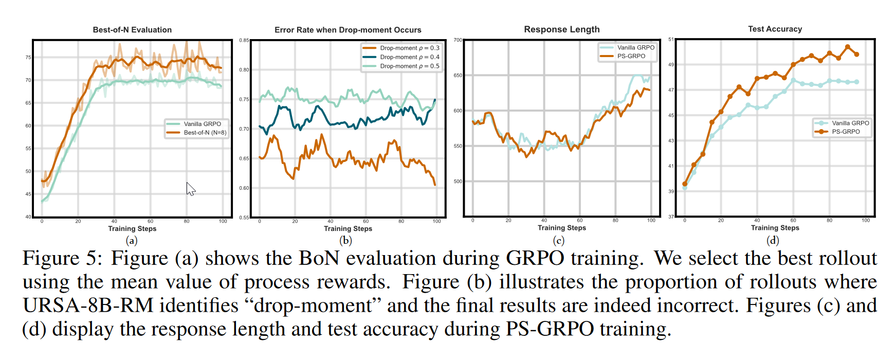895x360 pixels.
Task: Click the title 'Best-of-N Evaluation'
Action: pyautogui.click(x=132, y=30)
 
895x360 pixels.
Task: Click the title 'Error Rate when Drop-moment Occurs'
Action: pyautogui.click(x=348, y=30)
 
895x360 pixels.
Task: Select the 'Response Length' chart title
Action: pyautogui.click(x=561, y=29)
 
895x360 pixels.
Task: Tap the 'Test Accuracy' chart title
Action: pyautogui.click(x=775, y=29)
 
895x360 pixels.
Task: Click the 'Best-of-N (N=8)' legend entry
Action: pyautogui.click(x=205, y=133)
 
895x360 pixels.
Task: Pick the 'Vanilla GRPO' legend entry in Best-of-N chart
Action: pyautogui.click(x=202, y=124)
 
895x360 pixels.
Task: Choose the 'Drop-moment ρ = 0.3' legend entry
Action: pyautogui.click(x=409, y=48)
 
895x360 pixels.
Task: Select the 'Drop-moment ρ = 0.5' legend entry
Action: pyautogui.click(x=409, y=66)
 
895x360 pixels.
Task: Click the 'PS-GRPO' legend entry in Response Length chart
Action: pyautogui.click(x=631, y=56)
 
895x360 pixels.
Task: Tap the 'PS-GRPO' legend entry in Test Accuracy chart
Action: pyautogui.click(x=846, y=132)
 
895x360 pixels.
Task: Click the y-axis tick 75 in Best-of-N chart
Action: pyautogui.click(x=28, y=58)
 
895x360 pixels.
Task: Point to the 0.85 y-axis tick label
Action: pyautogui.click(x=244, y=40)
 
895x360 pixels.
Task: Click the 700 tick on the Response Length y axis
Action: pyautogui.click(x=458, y=40)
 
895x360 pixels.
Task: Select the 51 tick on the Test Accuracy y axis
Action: pyautogui.click(x=671, y=39)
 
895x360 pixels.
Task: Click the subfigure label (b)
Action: pyautogui.click(x=345, y=240)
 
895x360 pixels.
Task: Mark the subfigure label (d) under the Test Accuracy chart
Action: pyautogui.click(x=773, y=240)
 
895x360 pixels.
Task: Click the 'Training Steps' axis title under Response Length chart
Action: pyautogui.click(x=561, y=228)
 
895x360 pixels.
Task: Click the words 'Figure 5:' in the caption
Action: pyautogui.click(x=62, y=258)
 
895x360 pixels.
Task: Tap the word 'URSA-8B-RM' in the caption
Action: pyautogui.click(x=88, y=305)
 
